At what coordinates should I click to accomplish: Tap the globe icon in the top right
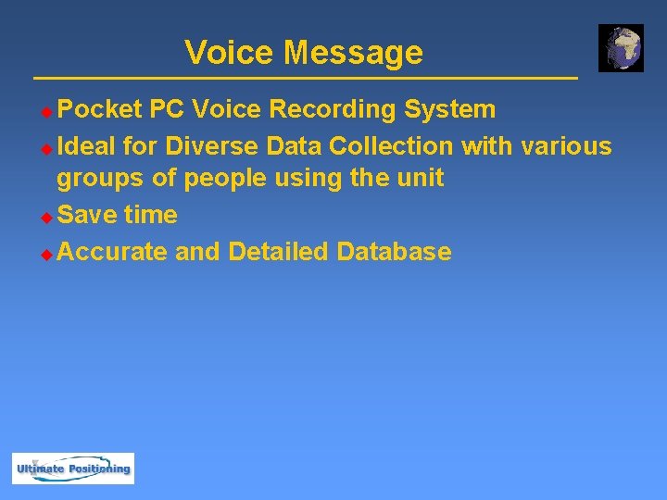(x=621, y=48)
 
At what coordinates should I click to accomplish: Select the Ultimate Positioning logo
(x=73, y=469)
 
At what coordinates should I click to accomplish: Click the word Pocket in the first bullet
(x=99, y=110)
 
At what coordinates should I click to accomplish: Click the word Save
(x=86, y=215)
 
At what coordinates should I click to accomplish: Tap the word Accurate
(x=112, y=252)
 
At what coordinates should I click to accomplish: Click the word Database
(x=394, y=252)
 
